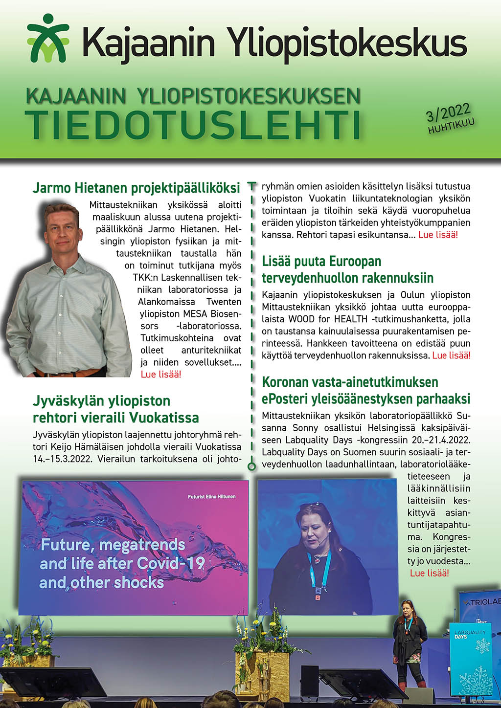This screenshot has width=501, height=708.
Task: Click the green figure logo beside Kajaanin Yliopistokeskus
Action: coord(48,39)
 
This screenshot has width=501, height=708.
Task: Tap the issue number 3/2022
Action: coord(448,113)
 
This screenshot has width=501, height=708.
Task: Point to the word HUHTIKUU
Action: coord(451,126)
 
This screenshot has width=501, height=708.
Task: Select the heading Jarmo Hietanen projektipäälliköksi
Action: coord(136,188)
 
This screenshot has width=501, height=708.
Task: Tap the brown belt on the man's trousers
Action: coord(68,373)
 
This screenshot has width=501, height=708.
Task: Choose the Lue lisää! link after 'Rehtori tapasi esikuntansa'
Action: coord(438,235)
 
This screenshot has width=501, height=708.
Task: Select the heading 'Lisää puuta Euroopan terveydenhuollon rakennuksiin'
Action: coord(347,269)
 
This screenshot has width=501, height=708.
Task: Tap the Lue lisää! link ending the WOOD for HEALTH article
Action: coord(451,355)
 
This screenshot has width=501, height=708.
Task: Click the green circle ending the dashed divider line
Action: coord(252,466)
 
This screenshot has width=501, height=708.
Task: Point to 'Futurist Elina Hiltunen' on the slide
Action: coord(211,496)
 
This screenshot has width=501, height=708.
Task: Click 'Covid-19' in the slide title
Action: coord(171,563)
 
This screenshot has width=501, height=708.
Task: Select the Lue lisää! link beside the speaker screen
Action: coord(429,574)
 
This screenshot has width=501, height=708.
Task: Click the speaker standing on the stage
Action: coord(409,641)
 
